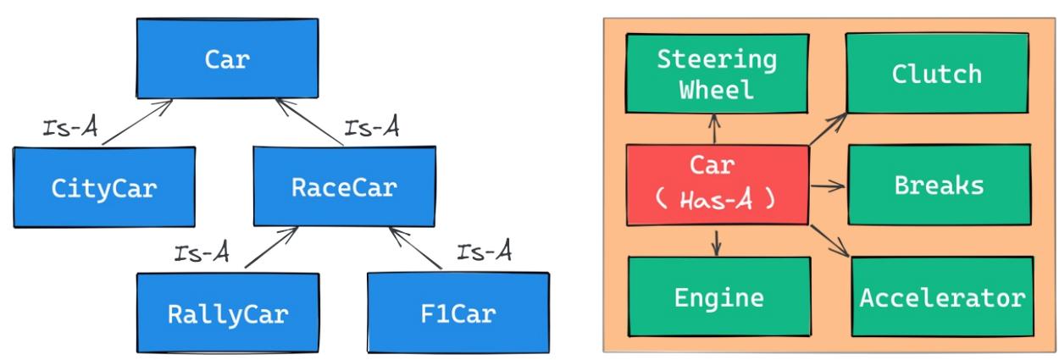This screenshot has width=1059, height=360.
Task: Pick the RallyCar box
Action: click(227, 313)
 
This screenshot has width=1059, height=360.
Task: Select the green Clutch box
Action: click(936, 75)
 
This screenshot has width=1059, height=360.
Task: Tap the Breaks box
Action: click(938, 185)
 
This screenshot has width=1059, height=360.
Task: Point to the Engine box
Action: click(718, 297)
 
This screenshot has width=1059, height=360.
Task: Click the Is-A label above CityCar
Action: click(69, 128)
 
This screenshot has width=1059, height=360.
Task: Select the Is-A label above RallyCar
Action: click(200, 252)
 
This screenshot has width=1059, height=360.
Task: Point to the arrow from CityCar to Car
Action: click(135, 124)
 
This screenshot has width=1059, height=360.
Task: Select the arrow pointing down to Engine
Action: click(717, 241)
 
